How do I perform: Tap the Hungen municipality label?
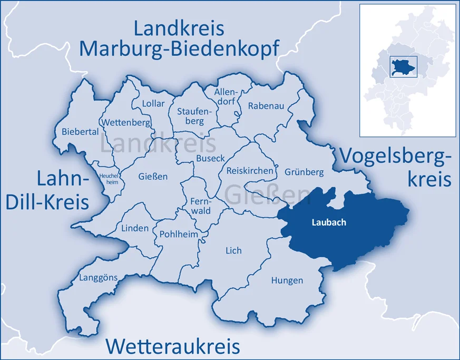287,280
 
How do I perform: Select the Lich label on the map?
233,250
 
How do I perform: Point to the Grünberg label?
304,172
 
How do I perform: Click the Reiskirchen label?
250,171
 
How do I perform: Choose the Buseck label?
210,158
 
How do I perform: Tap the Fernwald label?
200,206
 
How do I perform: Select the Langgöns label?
99,277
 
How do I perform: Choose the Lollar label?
153,103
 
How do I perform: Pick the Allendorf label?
226,97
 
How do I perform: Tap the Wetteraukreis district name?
173,346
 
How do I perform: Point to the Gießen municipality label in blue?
153,176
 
